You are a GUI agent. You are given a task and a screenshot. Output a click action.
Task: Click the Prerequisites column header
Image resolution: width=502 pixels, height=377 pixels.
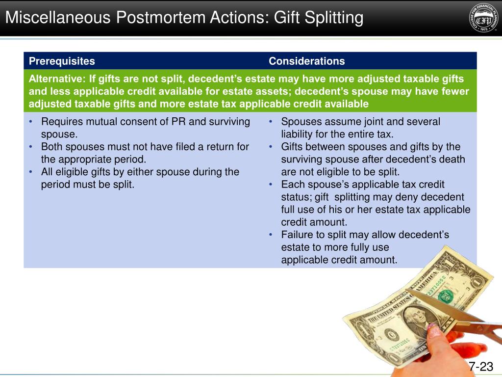tap(62, 61)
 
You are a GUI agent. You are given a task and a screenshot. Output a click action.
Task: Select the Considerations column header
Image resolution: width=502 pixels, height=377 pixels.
tap(306, 61)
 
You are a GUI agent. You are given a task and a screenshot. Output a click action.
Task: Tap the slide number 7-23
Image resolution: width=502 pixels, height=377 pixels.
tap(480, 367)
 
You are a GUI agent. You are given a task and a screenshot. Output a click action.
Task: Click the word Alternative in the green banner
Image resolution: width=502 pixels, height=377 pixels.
tap(55, 79)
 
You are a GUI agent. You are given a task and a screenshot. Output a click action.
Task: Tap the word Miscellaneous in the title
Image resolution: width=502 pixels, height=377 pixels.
tap(58, 18)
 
